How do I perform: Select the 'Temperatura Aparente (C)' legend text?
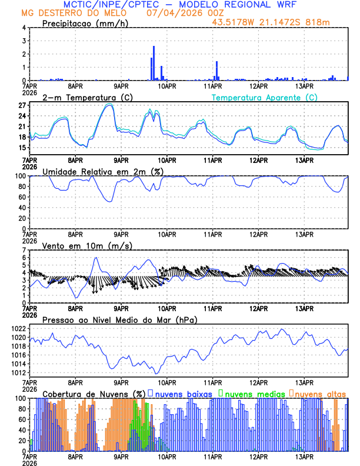(x=264, y=97)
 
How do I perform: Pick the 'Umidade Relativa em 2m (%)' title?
(x=103, y=171)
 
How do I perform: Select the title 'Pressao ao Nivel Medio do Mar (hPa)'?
(x=119, y=319)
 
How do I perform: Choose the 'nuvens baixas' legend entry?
(x=182, y=393)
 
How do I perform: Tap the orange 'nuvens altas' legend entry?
(x=319, y=393)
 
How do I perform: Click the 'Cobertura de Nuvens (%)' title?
(x=94, y=393)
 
